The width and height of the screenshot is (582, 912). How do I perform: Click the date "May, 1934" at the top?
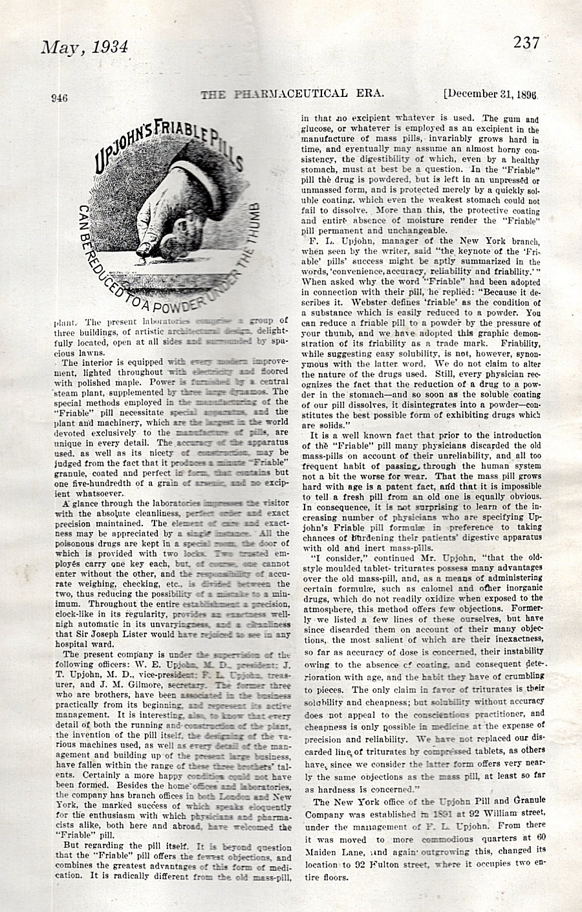click(85, 48)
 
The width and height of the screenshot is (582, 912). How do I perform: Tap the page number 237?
click(527, 43)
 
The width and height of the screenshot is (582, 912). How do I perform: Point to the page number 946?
click(59, 98)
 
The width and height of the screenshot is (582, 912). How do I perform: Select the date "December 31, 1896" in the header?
click(491, 94)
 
